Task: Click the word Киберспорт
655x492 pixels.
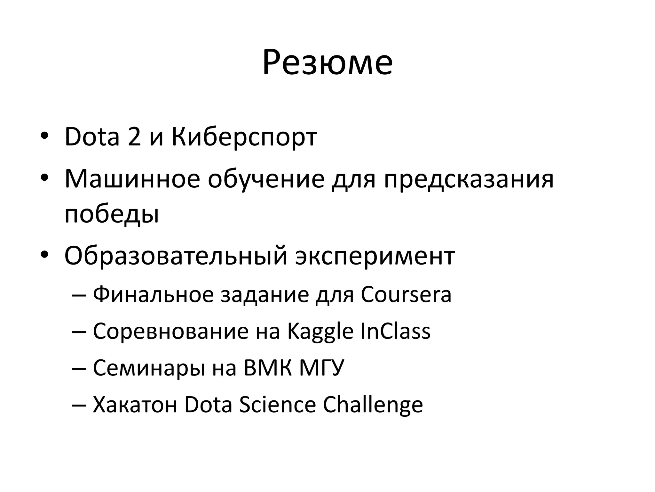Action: pyautogui.click(x=244, y=137)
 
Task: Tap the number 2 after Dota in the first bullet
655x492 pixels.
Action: pyautogui.click(x=134, y=137)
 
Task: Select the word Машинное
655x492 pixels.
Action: pyautogui.click(x=132, y=179)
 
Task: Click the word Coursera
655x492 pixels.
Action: pyautogui.click(x=406, y=294)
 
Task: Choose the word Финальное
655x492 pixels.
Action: pyautogui.click(x=153, y=294)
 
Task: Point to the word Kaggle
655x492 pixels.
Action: pyautogui.click(x=320, y=332)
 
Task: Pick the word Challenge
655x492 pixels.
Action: pyautogui.click(x=373, y=405)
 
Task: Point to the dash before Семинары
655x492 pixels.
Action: pyautogui.click(x=79, y=368)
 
